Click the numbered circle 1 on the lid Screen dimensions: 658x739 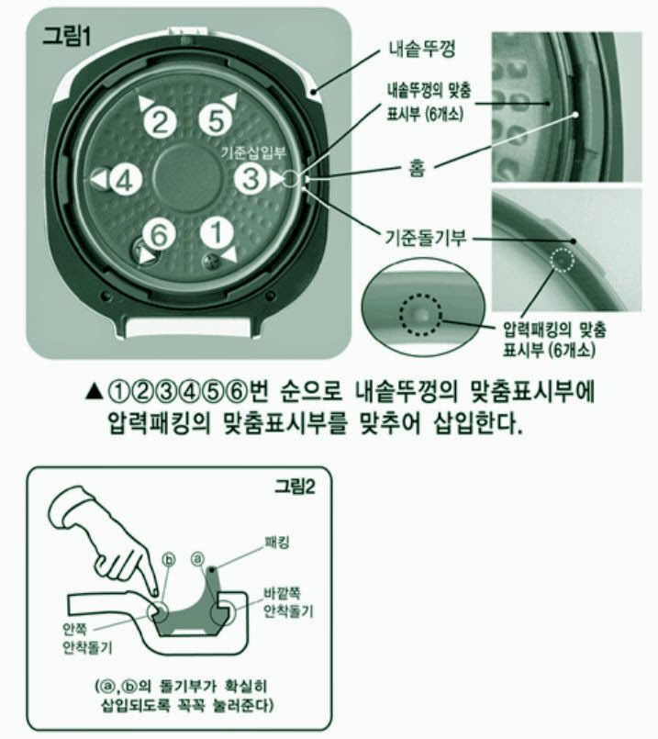pyautogui.click(x=217, y=232)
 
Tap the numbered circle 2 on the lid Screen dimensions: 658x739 pyautogui.click(x=161, y=122)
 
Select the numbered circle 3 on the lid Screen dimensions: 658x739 pyautogui.click(x=251, y=178)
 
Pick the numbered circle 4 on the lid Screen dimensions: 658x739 pyautogui.click(x=126, y=180)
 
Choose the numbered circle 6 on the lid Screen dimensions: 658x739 pyautogui.click(x=159, y=233)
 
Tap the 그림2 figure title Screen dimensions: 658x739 pyautogui.click(x=295, y=487)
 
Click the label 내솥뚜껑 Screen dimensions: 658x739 pyautogui.click(x=422, y=49)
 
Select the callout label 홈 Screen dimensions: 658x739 pyautogui.click(x=416, y=168)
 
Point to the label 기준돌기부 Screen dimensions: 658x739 pyautogui.click(x=425, y=238)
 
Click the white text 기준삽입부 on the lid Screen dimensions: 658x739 pyautogui.click(x=254, y=152)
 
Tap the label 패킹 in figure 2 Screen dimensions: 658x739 pyautogui.click(x=277, y=543)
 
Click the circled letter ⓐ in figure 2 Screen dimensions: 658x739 pyautogui.click(x=198, y=558)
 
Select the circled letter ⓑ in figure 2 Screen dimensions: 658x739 pyautogui.click(x=169, y=559)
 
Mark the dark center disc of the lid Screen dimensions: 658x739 pyautogui.click(x=187, y=178)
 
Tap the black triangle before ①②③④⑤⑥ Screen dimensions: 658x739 pyautogui.click(x=95, y=392)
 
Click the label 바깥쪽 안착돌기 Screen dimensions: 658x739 pyautogui.click(x=288, y=602)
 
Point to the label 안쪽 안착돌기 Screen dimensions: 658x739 pyautogui.click(x=87, y=639)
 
